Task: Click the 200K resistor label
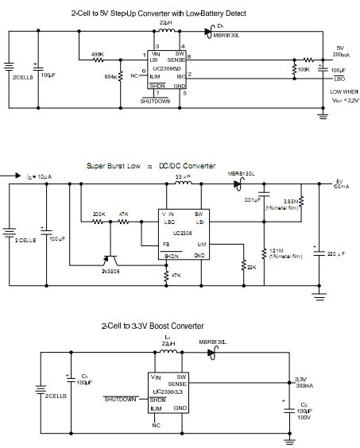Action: [99, 214]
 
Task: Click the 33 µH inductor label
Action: [184, 176]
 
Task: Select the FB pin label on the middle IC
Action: [166, 245]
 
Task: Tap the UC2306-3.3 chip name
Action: [169, 392]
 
